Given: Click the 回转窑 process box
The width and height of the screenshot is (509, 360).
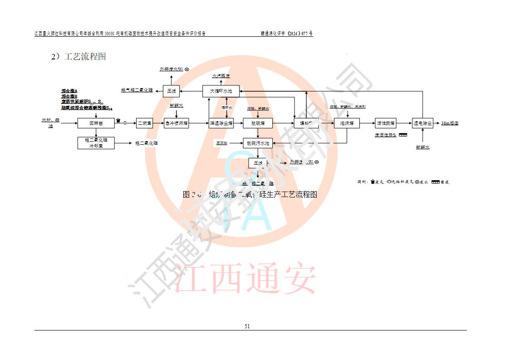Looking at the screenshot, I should [95, 123].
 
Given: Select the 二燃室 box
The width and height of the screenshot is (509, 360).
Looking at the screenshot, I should [145, 123].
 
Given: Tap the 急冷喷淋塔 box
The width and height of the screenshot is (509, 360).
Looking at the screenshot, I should [176, 123].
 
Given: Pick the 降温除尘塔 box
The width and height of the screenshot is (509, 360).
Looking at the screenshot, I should [221, 123].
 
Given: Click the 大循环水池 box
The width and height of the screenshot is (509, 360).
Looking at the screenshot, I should [220, 91].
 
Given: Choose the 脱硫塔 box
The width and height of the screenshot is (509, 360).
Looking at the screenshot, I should [258, 123].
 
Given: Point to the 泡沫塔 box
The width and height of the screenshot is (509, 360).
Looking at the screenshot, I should [347, 123].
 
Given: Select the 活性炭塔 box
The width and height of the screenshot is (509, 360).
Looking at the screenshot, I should [386, 123].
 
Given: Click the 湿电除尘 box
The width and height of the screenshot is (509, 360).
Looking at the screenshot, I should [422, 123].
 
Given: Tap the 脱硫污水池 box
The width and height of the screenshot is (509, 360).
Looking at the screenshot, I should [258, 143].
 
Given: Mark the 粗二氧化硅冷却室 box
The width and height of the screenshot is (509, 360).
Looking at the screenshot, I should [95, 143].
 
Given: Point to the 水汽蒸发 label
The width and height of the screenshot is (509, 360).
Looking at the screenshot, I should [221, 76].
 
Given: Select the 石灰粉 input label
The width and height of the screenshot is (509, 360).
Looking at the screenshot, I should [221, 143].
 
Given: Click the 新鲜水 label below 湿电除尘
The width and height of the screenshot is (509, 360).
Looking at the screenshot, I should [422, 147].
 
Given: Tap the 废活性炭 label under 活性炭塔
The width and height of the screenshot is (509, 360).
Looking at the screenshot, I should [386, 135].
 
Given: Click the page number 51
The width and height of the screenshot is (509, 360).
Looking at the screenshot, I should [247, 326].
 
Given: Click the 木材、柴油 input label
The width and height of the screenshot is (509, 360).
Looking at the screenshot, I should [50, 123].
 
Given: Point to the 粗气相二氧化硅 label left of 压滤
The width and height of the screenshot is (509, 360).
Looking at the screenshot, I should [137, 91].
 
